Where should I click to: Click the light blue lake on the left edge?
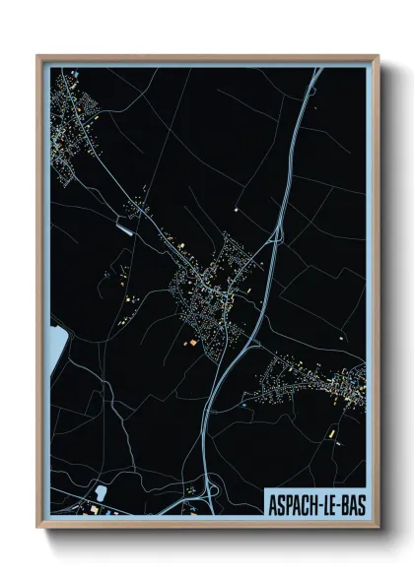[x=56, y=344]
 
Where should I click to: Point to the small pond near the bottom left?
[x=101, y=492]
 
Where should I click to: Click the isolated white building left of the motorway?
[x=237, y=210]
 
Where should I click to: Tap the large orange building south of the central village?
[x=193, y=342]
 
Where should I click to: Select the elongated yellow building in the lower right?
[x=332, y=432]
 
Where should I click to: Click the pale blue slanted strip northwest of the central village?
[x=125, y=228]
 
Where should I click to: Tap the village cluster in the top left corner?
[x=74, y=128]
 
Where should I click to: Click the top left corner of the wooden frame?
[x=38, y=56]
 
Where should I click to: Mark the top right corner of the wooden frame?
[x=378, y=56]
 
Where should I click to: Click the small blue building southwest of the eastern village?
[x=246, y=405]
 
